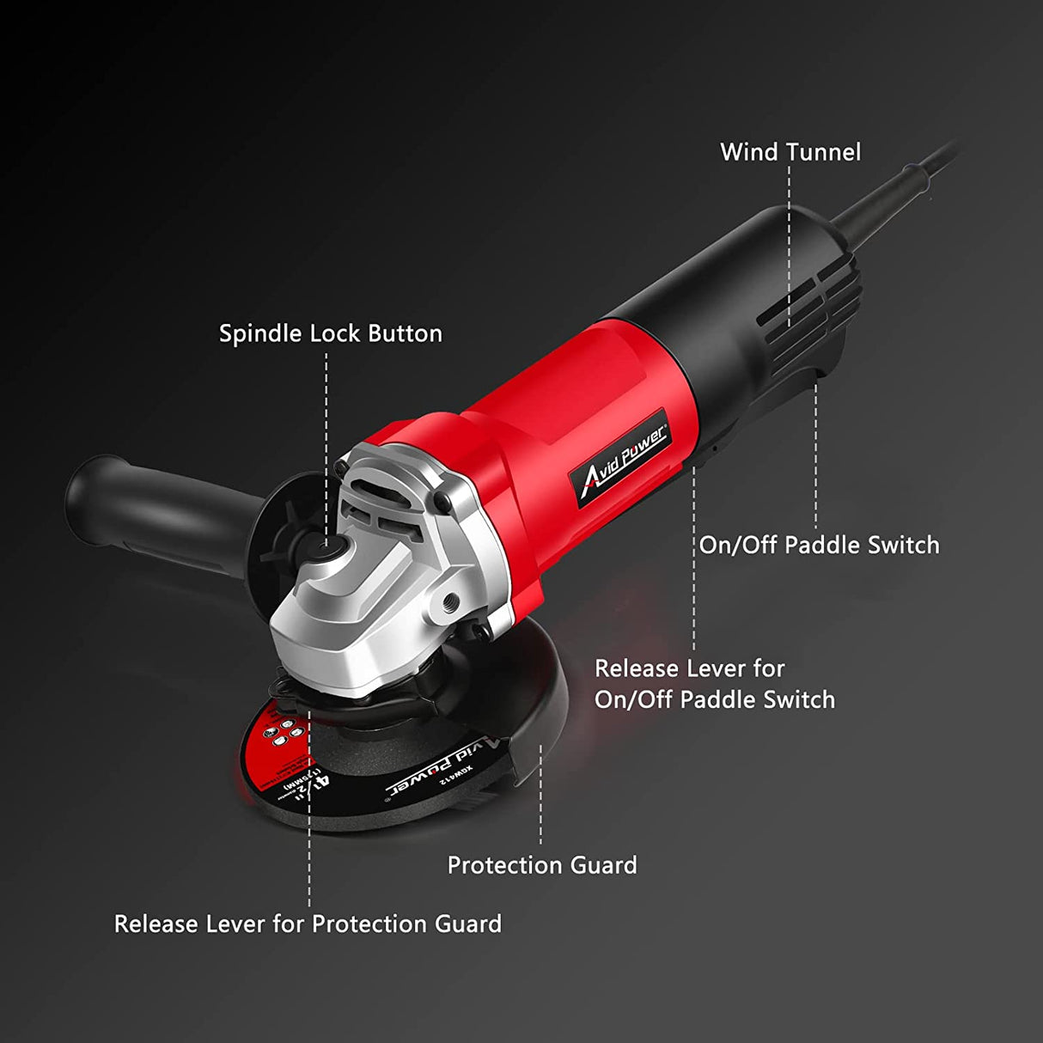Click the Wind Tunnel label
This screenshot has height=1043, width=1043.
(x=790, y=152)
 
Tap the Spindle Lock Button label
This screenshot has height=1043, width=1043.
(x=330, y=333)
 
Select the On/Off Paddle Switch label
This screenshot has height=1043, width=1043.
(x=819, y=545)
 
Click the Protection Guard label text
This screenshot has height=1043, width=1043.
(x=542, y=865)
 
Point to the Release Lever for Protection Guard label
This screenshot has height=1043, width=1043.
(x=308, y=924)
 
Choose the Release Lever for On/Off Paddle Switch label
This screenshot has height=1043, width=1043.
(x=714, y=684)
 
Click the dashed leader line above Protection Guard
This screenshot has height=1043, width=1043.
(x=540, y=795)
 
